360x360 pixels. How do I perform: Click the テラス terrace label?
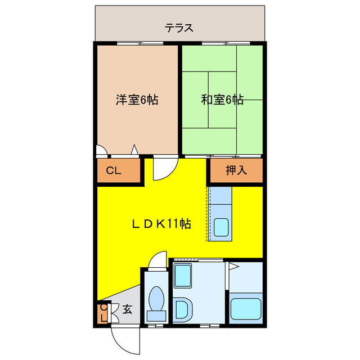click(179, 26)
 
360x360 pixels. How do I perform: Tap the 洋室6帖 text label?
click(137, 100)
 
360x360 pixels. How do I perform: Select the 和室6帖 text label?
click(222, 100)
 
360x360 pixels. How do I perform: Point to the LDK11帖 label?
click(161, 224)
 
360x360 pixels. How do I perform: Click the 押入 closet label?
click(236, 170)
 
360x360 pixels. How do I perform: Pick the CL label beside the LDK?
click(114, 172)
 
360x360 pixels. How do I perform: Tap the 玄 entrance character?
click(128, 309)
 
